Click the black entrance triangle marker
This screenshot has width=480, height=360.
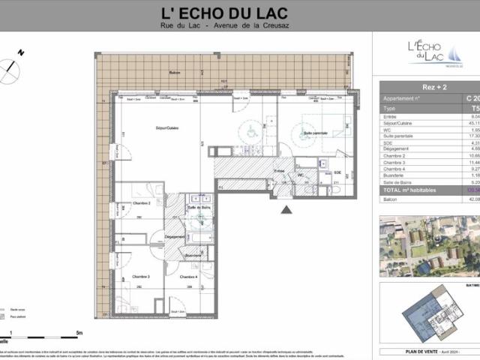point(286,210)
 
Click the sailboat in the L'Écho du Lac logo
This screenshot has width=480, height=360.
point(455,52)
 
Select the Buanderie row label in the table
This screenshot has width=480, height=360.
point(397,176)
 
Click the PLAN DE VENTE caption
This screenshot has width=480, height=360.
point(416,351)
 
